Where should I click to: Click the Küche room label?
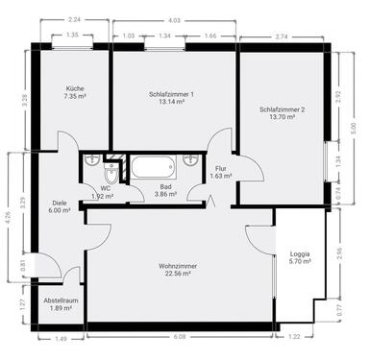coord(76,86)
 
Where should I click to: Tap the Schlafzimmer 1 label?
coord(172,94)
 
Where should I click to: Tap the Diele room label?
coord(60,204)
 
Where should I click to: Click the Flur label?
coord(220,168)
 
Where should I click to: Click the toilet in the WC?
coord(112,174)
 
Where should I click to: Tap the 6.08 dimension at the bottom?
coord(180,337)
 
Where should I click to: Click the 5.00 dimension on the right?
coord(354,127)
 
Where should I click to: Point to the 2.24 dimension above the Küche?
coord(75,20)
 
